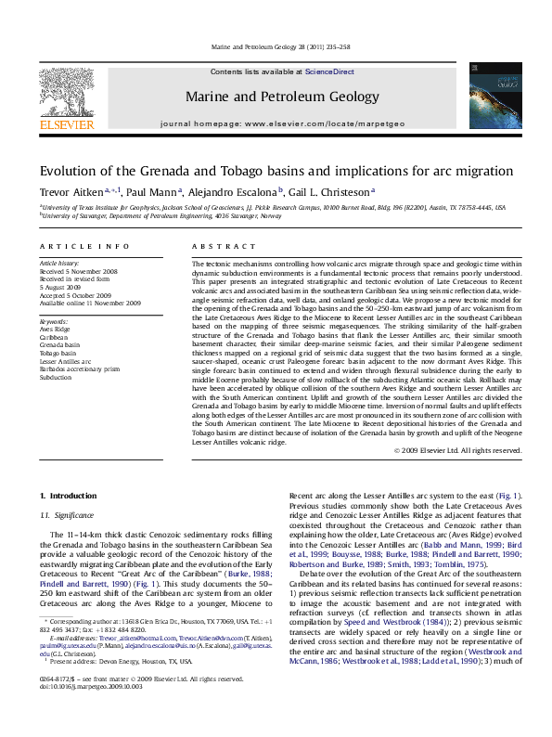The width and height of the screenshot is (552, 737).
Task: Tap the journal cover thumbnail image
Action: (x=488, y=96)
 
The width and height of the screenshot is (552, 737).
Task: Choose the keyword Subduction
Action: (x=56, y=379)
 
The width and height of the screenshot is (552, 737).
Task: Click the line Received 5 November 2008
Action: (x=79, y=271)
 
